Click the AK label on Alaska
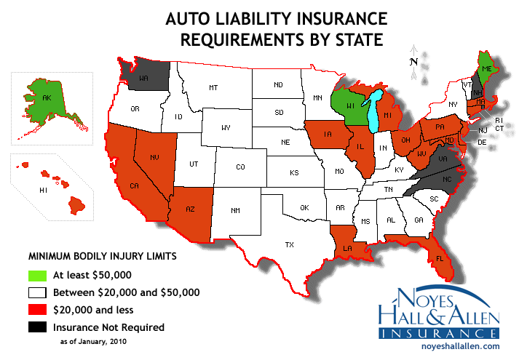click(x=47, y=98)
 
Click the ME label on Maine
click(x=484, y=68)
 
